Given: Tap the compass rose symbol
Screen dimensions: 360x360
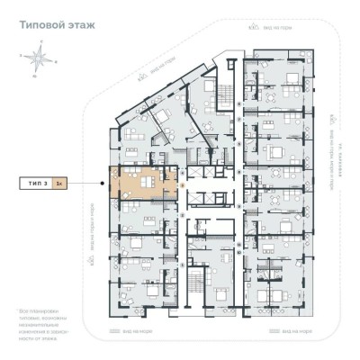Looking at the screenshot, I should point(38,60).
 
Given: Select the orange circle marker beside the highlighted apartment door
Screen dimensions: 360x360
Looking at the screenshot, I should point(183,185).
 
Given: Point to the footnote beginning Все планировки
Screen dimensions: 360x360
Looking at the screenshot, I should point(44,324).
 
